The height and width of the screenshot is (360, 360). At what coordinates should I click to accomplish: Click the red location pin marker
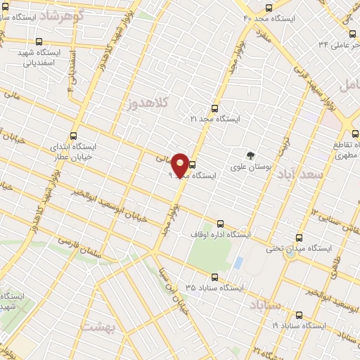pos(181,165)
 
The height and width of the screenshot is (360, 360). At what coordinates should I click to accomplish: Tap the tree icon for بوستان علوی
pos(248,155)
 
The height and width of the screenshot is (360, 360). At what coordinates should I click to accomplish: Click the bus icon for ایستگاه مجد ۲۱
pos(214,109)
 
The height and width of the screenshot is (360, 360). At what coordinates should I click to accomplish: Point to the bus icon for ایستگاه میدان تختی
pos(300,238)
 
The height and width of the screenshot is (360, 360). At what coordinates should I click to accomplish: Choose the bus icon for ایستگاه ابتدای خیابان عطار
pos(74,136)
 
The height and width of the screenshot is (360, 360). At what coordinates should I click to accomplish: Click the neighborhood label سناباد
pos(264,304)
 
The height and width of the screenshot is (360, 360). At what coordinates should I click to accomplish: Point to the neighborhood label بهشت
pos(96,327)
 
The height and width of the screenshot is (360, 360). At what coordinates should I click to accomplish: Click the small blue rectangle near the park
pos(238,263)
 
